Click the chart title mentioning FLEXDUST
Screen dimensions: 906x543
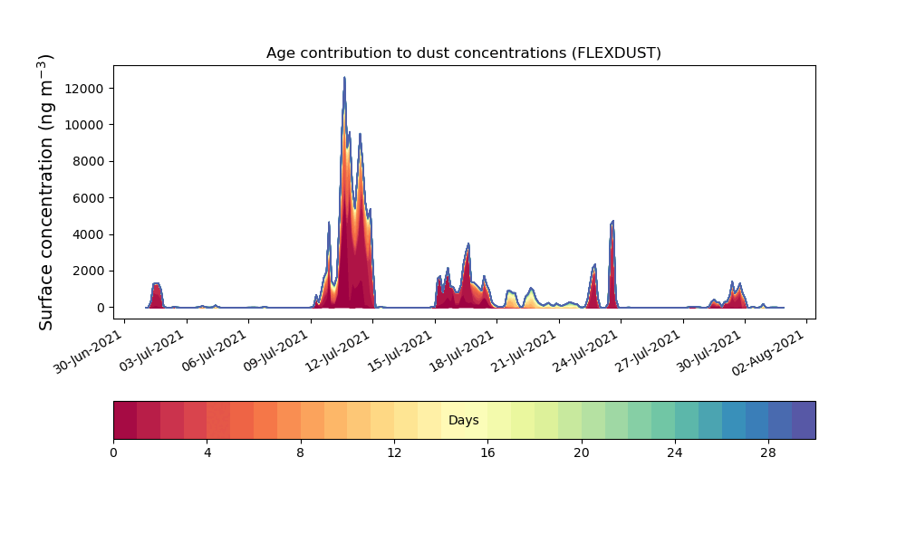pos(463,53)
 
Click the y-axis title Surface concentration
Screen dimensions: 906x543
pos(45,192)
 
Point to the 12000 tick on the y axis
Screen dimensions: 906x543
pos(83,89)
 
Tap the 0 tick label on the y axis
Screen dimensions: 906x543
pos(101,308)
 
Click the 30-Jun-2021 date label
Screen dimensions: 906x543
pos(88,352)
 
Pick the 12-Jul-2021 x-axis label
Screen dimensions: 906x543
pos(336,352)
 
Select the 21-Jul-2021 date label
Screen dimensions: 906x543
pos(523,352)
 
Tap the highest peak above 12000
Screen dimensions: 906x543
pos(344,77)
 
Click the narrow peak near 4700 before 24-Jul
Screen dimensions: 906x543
pos(612,221)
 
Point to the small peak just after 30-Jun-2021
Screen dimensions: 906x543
pos(156,284)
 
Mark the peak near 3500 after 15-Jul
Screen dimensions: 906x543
pos(468,244)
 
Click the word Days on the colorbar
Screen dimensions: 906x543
pos(463,420)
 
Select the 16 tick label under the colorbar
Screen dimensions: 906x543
pos(487,453)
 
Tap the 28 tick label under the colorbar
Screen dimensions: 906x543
pos(768,453)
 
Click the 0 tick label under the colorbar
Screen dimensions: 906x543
pos(114,453)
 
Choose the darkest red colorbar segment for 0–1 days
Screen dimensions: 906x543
pos(125,420)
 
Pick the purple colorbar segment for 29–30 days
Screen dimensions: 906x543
pos(804,420)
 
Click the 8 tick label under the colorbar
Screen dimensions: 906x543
pos(301,453)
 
